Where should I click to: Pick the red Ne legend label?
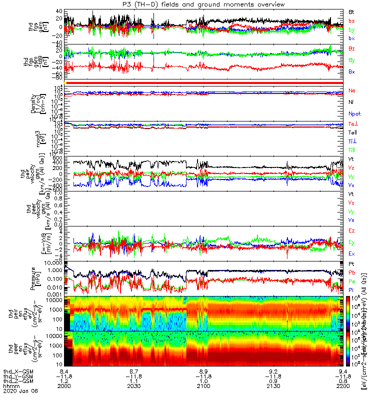[351, 90]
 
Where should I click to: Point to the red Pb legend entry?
[351, 272]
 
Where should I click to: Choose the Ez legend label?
[351, 231]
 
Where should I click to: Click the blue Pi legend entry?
[351, 290]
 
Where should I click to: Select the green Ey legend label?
[351, 242]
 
